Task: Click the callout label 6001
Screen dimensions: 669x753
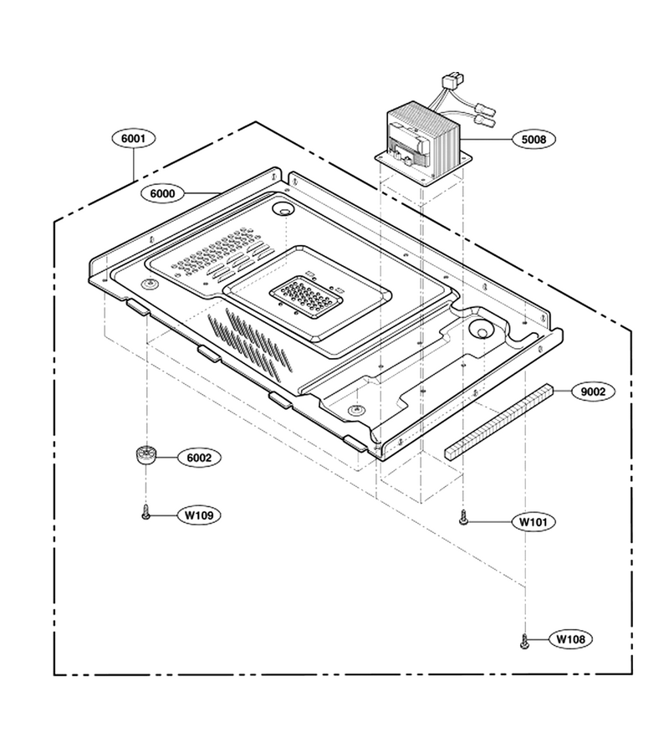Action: tap(133, 138)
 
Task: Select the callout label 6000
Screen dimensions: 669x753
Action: tap(163, 193)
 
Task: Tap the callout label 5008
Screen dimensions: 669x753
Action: tap(534, 139)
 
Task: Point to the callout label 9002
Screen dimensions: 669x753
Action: tap(593, 392)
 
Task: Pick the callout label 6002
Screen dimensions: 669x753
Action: tap(199, 458)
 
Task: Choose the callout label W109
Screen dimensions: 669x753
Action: tap(199, 515)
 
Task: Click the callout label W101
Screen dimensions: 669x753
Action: tap(534, 521)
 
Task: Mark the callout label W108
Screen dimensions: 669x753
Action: tap(570, 639)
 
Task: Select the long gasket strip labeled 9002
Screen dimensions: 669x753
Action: tap(498, 423)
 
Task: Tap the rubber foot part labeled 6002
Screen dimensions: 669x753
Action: tap(144, 455)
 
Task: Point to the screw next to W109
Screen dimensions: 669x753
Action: tap(146, 514)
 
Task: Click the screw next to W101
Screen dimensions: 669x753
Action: tap(462, 519)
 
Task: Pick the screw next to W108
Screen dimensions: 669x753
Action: tap(524, 641)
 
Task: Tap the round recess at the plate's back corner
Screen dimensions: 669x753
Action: tap(283, 209)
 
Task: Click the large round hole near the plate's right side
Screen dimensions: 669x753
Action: tap(481, 330)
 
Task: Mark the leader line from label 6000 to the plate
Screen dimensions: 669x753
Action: tap(202, 193)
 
